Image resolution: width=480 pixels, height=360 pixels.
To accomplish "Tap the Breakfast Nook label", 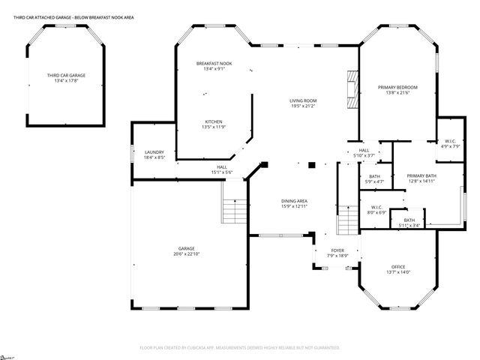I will coord(214,63).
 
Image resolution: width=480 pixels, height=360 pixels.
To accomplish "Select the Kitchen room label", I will coord(214,121).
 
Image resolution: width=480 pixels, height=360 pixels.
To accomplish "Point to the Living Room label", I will coord(304,100).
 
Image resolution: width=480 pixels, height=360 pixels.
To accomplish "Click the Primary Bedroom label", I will coord(397,88).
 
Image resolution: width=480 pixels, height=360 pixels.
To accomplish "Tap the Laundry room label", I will coord(154,152).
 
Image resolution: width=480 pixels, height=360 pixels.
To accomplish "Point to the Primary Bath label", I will coord(421,175).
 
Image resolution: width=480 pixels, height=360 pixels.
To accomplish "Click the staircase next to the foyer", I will coord(349,218).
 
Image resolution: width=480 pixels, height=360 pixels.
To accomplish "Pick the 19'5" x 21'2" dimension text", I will coord(304,106).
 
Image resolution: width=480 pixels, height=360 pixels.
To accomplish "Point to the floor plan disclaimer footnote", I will coord(239,348).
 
